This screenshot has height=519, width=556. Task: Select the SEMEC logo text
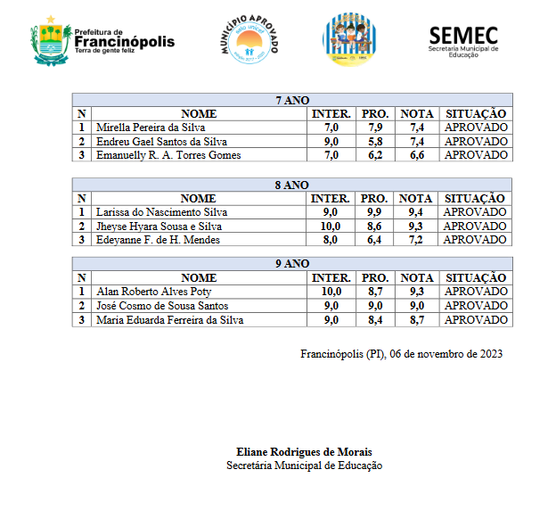click(x=463, y=36)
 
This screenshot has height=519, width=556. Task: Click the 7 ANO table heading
click(x=292, y=101)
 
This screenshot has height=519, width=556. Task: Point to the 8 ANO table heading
click(x=292, y=185)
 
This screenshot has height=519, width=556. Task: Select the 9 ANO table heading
click(x=292, y=264)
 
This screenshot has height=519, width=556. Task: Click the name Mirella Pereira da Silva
click(x=151, y=128)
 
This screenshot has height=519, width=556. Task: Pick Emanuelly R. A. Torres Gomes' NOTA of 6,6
click(x=417, y=155)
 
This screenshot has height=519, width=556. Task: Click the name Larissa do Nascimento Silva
click(x=161, y=212)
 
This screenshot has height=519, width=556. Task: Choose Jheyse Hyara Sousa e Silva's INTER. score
click(x=331, y=226)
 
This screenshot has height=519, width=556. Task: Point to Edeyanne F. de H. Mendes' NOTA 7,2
click(x=417, y=240)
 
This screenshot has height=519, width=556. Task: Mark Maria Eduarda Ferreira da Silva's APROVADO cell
click(x=476, y=320)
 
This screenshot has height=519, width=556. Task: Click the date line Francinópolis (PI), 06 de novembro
click(x=402, y=354)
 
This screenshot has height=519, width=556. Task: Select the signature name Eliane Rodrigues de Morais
click(x=304, y=451)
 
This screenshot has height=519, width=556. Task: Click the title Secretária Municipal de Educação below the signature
click(x=304, y=465)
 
